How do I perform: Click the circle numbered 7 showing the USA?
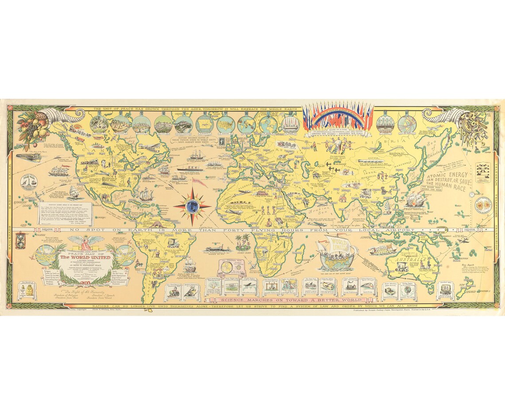(x=225, y=124)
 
